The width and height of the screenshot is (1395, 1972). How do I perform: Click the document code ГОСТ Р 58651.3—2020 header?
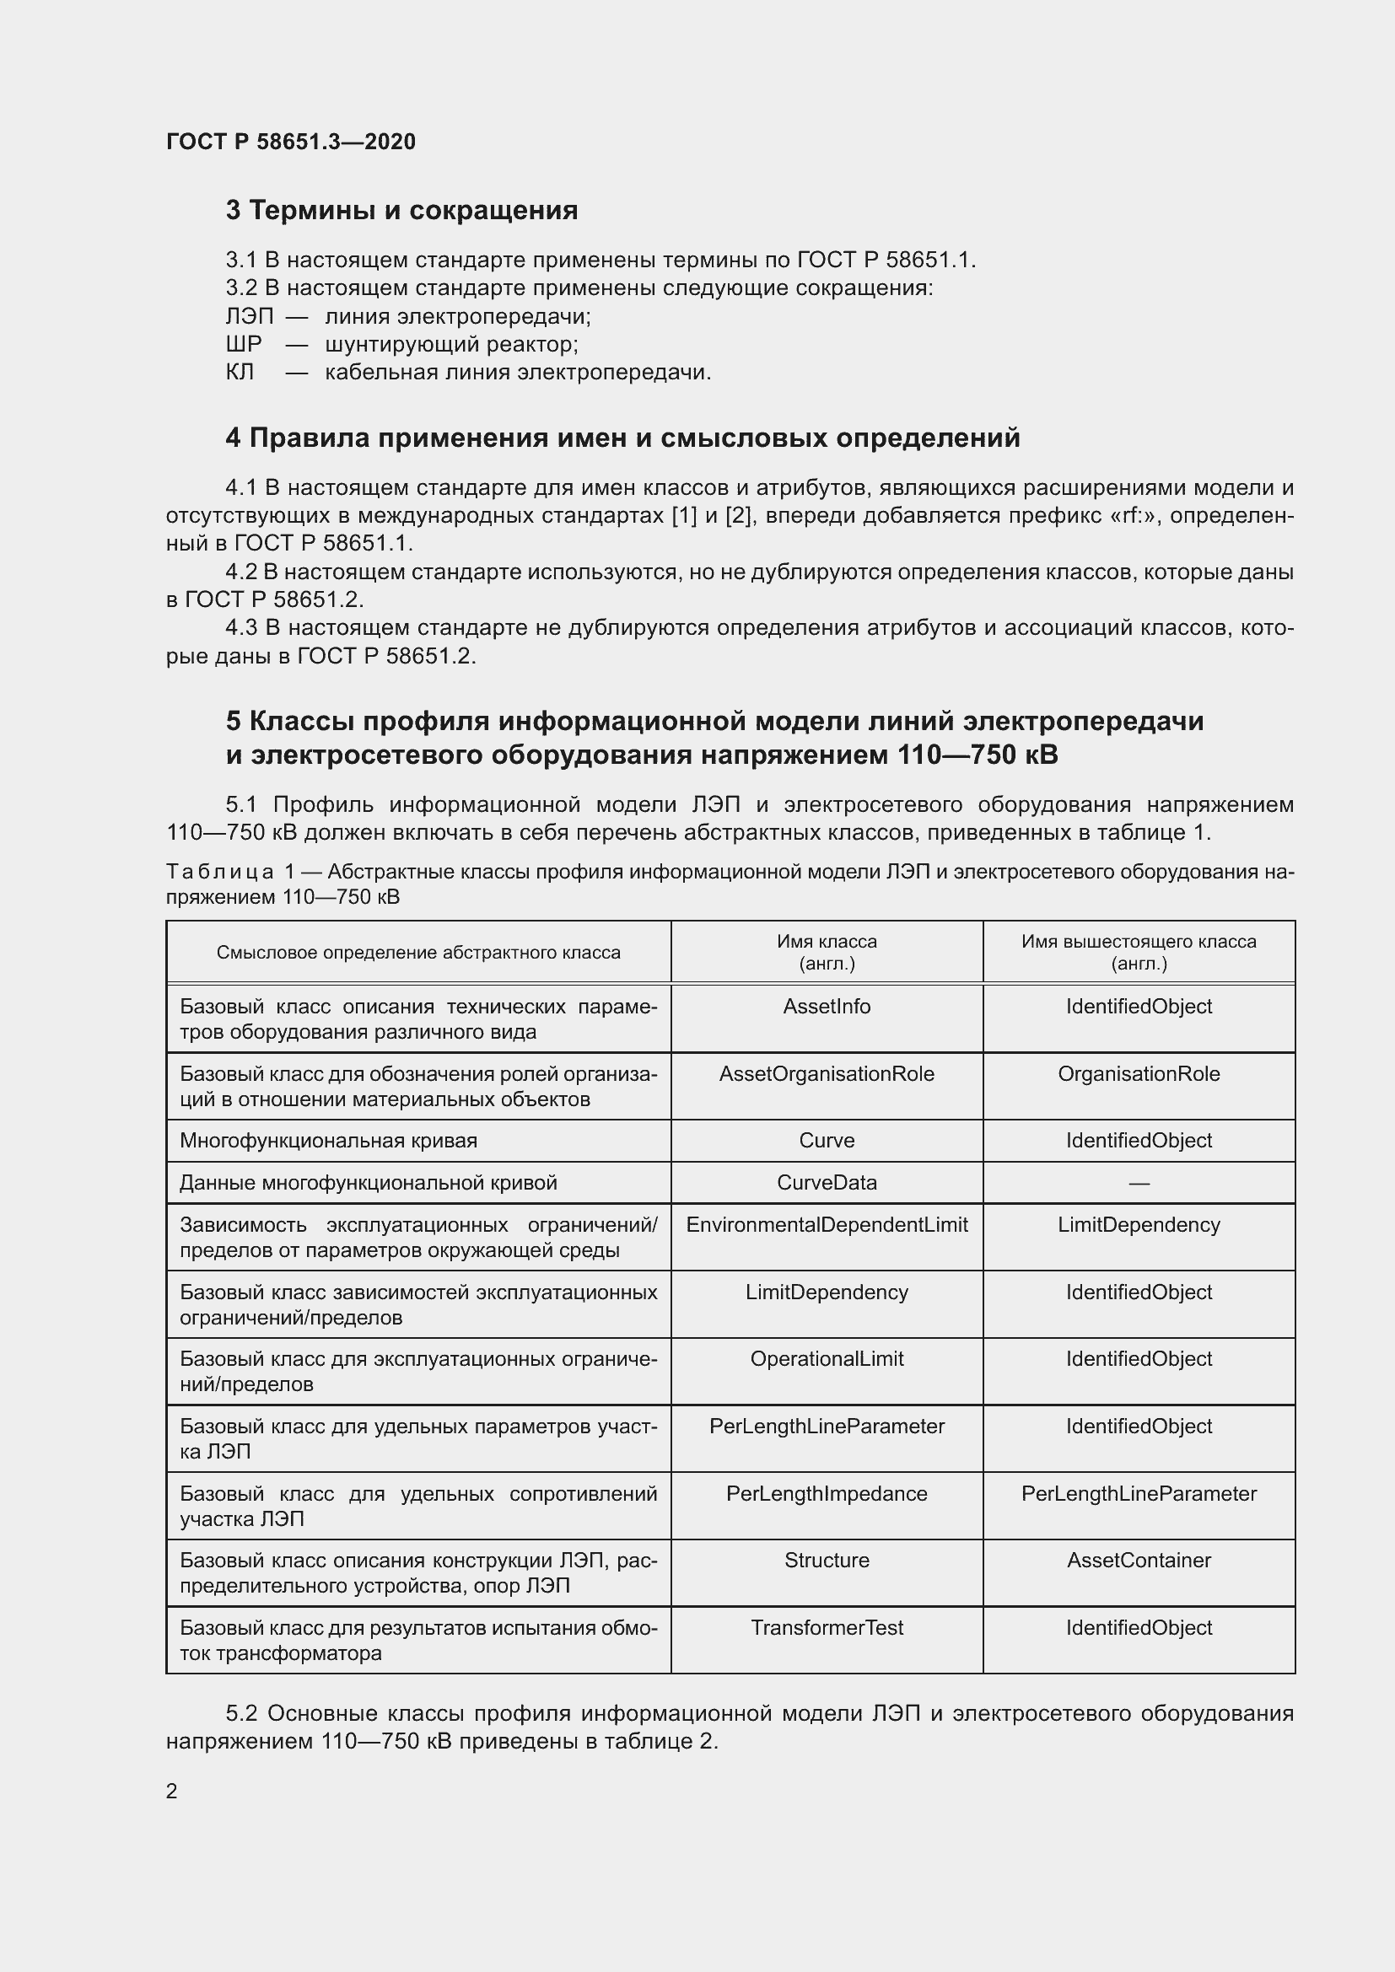coord(290,142)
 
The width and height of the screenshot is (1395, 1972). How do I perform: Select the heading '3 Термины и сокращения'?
coord(401,211)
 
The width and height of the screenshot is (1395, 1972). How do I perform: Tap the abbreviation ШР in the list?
coord(243,345)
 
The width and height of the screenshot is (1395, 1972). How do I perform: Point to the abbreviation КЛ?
coord(240,372)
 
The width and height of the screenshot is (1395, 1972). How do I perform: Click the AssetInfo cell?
coord(827,1006)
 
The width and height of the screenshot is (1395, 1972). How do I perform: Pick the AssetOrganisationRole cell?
coord(827,1073)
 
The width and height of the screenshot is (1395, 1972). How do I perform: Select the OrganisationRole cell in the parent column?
coord(1138,1073)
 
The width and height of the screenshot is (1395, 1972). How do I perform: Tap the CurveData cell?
coord(827,1183)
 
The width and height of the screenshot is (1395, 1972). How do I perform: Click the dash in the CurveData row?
coord(1138,1184)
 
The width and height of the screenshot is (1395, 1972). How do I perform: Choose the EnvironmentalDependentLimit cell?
coord(827,1225)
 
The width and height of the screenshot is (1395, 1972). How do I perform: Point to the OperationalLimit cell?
coord(827,1359)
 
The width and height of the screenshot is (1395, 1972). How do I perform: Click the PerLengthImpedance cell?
coord(827,1494)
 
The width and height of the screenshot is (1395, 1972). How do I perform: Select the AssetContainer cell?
coord(1138,1560)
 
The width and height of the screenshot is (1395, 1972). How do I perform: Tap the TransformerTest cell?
coord(827,1627)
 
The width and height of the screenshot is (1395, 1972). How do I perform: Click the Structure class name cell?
coord(827,1560)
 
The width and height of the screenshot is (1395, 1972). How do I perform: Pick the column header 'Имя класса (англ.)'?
coord(827,952)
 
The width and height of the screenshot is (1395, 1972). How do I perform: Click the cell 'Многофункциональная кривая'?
coord(328,1141)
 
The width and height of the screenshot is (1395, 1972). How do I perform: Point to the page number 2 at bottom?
coord(172,1791)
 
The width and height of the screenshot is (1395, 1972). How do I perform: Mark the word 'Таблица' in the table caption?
coord(220,872)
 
